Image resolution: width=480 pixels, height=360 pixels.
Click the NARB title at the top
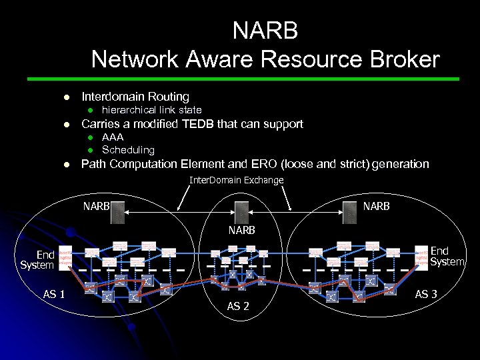265,31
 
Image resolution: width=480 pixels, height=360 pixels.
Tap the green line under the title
265,79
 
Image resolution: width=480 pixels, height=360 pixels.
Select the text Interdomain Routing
135,97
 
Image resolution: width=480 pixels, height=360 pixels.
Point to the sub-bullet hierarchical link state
151,110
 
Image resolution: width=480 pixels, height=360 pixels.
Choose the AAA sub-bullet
113,137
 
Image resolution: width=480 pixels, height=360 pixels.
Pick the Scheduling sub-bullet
128,150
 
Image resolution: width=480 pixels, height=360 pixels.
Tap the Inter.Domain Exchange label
237,180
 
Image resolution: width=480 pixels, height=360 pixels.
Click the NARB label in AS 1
96,206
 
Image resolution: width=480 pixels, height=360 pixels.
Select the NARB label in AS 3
376,206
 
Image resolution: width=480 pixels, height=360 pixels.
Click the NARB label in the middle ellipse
241,230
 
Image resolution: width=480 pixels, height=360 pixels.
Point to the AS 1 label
54,294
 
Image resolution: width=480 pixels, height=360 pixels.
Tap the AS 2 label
238,306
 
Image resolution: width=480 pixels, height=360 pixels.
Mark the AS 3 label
426,294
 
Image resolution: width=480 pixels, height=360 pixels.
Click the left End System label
37,260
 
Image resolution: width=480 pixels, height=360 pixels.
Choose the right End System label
447,256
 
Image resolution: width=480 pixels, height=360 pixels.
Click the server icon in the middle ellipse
241,212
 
